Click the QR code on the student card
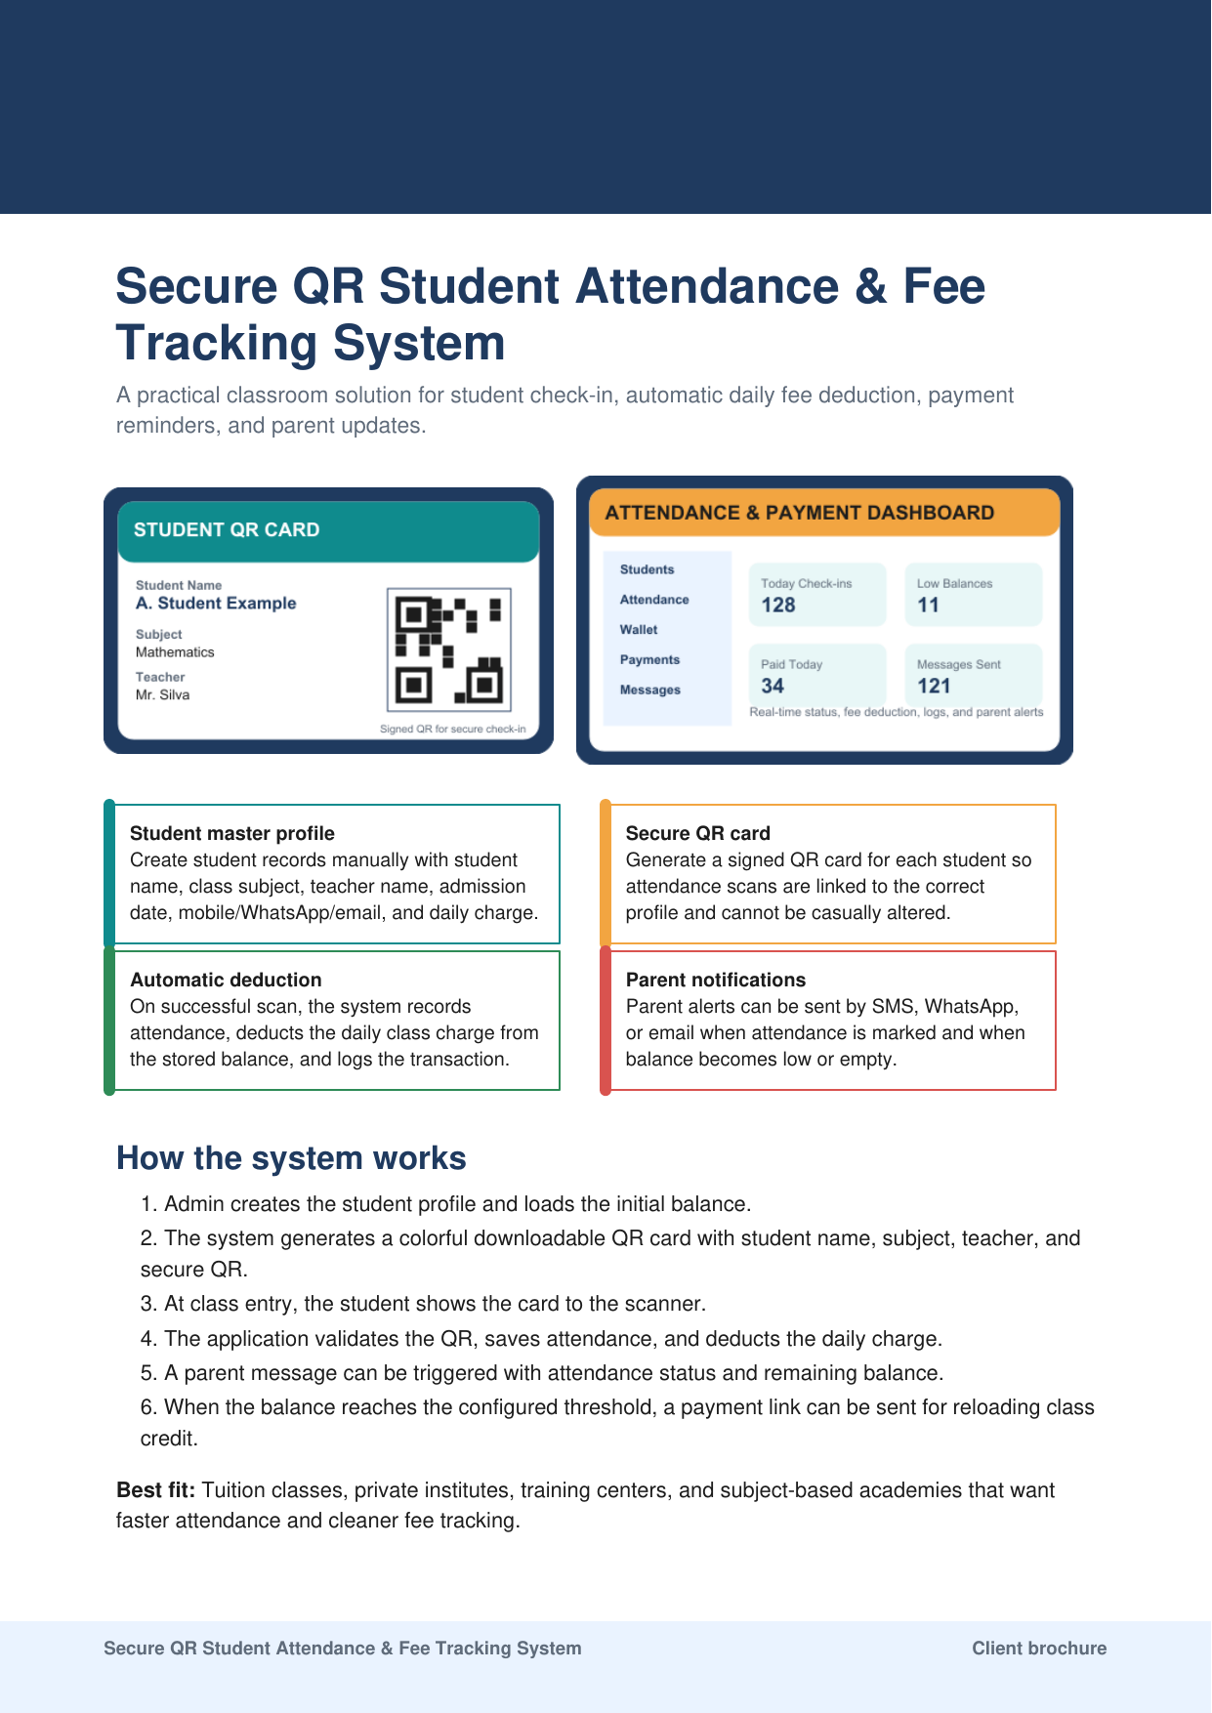coord(448,649)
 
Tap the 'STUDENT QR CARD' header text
coord(227,530)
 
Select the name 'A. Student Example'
coord(216,604)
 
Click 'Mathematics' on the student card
coord(175,652)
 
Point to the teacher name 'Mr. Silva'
coord(162,695)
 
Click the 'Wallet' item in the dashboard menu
coord(639,630)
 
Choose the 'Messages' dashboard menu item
coord(649,690)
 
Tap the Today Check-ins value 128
coord(778,606)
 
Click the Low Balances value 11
coord(928,606)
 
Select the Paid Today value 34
coord(773,687)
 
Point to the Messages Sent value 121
coord(934,687)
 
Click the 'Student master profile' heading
coord(232,834)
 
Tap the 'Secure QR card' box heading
coord(697,834)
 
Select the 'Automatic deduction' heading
coord(226,981)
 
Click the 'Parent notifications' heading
coord(716,981)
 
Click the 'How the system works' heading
coord(291,1158)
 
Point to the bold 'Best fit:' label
coord(156,1490)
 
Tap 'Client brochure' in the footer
coord(1039,1649)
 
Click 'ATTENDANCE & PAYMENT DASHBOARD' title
coord(800,514)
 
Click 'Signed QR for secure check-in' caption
coord(453,730)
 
